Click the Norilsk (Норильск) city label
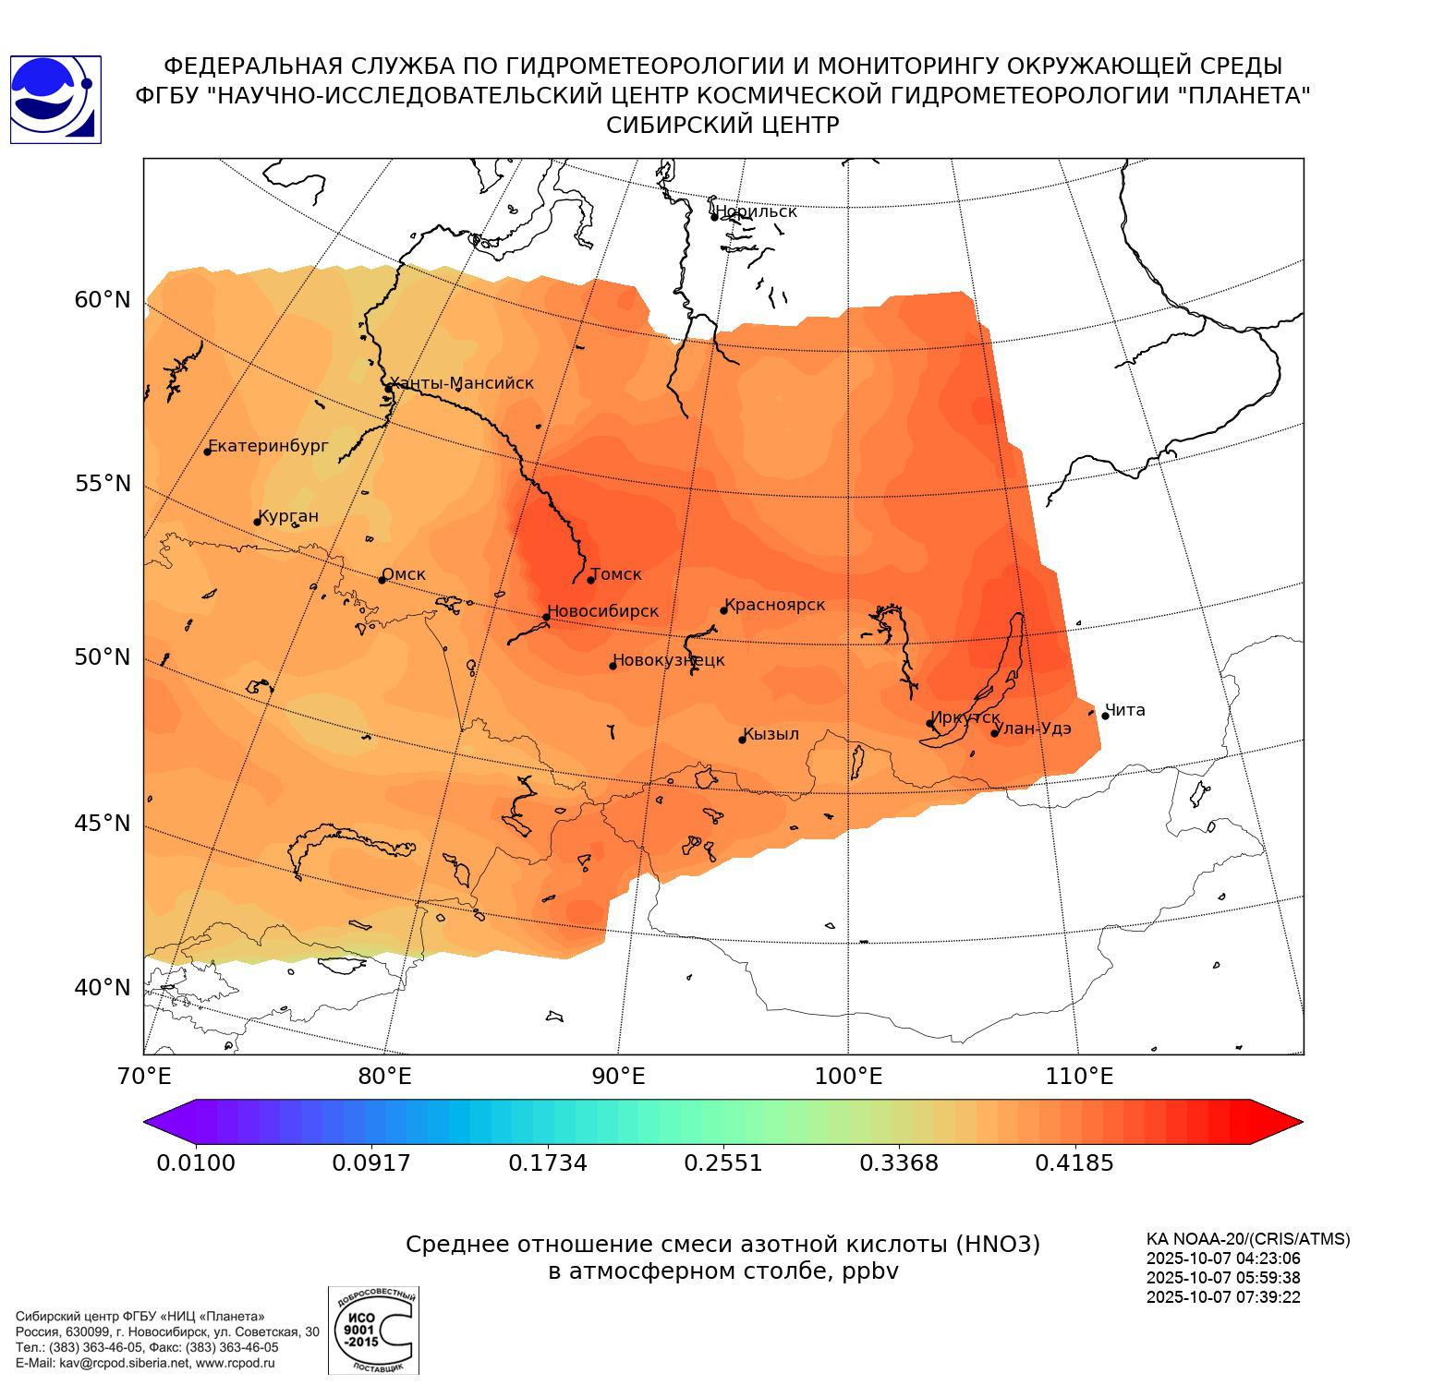[x=756, y=211]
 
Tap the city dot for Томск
[x=591, y=580]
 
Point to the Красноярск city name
[x=774, y=605]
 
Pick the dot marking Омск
[x=382, y=580]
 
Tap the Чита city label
[x=1125, y=710]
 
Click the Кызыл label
[x=771, y=734]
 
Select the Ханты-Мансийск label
[x=462, y=383]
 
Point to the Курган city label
[x=288, y=516]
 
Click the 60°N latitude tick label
[x=103, y=300]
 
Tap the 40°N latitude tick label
[x=103, y=988]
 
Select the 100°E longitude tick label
[x=848, y=1077]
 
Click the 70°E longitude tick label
[x=144, y=1077]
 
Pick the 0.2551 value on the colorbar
[x=722, y=1162]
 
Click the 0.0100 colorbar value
[x=196, y=1162]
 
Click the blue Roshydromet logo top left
[x=55, y=100]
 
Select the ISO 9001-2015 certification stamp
[x=373, y=1331]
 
